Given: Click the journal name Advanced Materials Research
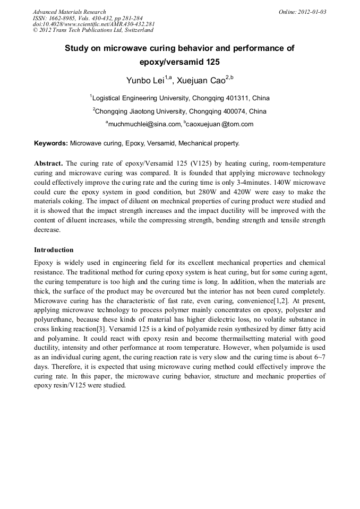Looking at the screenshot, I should [x=69, y=12].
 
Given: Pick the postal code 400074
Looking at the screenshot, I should [x=235, y=111].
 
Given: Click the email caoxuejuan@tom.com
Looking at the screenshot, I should [x=220, y=124].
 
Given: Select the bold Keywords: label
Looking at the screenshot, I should [x=51, y=143].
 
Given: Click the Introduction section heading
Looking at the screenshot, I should [x=54, y=249].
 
